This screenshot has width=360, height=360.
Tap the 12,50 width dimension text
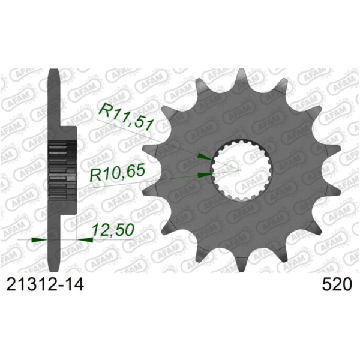click(x=112, y=230)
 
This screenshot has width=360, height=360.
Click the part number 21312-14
click(x=44, y=284)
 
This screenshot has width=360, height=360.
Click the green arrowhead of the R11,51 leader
click(x=204, y=157)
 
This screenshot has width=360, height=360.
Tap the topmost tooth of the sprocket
click(x=241, y=78)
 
